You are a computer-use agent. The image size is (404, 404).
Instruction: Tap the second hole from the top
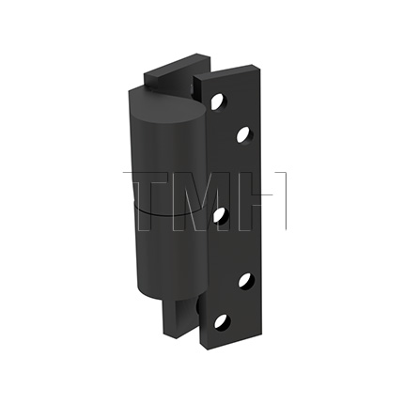[243, 135]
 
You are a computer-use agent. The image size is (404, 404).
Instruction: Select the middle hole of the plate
[219, 216]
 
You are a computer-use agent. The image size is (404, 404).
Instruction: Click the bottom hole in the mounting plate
[221, 320]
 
